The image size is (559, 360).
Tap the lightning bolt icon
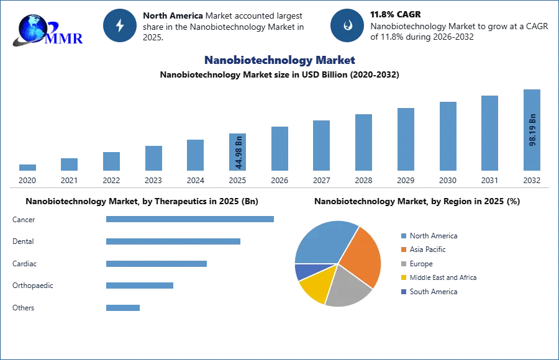point(120,25)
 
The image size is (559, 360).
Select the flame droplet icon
point(347,25)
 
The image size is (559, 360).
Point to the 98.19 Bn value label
point(532,130)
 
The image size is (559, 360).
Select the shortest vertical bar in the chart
point(27,169)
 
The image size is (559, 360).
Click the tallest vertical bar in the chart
point(532,131)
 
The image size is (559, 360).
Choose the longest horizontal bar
point(191,218)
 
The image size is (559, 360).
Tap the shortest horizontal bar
point(124,307)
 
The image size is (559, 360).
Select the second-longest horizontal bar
point(173,243)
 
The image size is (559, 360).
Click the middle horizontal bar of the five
point(156,263)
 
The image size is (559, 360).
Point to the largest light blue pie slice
point(323,242)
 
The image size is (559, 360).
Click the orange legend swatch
point(402,250)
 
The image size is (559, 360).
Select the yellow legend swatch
point(402,277)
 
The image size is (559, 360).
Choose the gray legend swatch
point(402,264)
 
